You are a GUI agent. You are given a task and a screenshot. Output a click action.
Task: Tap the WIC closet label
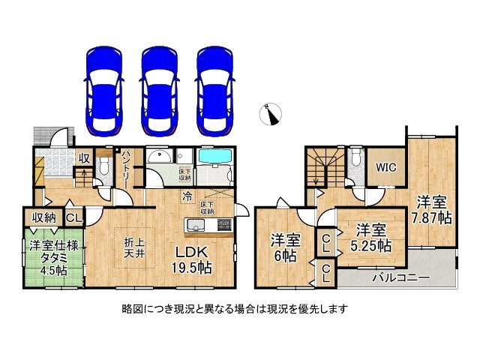coord(387,167)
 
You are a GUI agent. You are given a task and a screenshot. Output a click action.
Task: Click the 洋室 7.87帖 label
coord(433,209)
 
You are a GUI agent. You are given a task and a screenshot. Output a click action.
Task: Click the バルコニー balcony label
coord(401,278)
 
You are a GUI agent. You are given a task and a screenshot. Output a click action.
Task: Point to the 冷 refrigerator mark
coord(185,197)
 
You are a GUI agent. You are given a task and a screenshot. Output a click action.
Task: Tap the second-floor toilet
coord(356,159)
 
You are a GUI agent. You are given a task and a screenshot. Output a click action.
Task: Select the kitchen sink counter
coord(208,226)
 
